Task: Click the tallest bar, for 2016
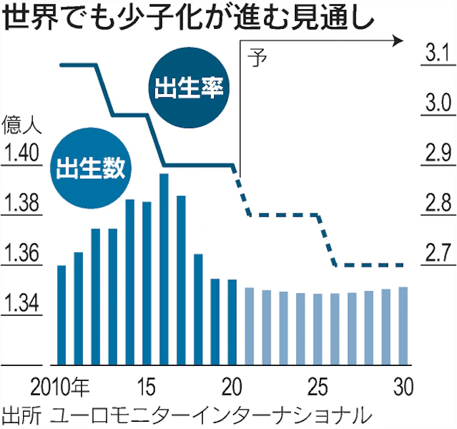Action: point(163,269)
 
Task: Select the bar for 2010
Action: point(62,315)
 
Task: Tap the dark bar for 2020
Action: point(232,321)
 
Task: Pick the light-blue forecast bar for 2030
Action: point(403,325)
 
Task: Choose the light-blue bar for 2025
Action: point(318,328)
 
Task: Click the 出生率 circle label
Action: point(189,89)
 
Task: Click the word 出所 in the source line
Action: point(20,415)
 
